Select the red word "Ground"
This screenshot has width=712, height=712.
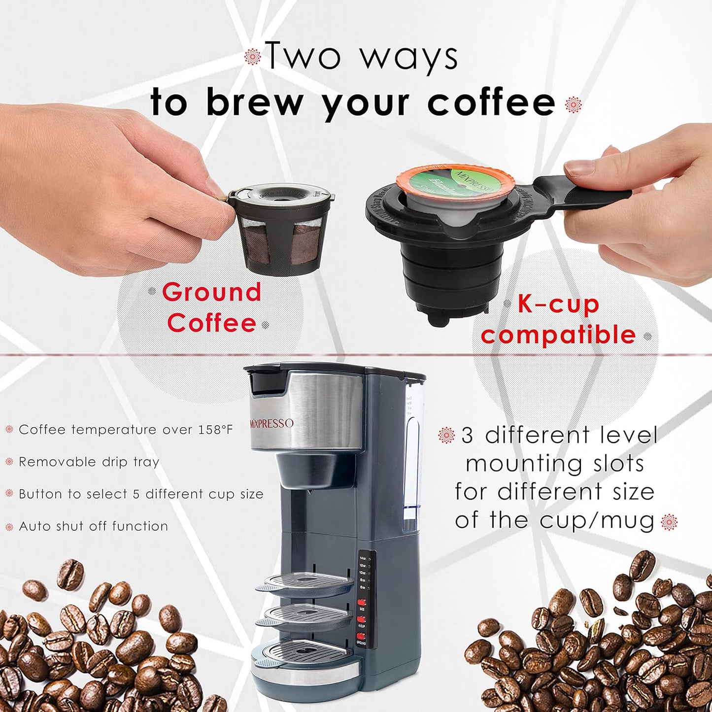click(x=211, y=292)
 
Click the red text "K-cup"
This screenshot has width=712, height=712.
click(x=557, y=305)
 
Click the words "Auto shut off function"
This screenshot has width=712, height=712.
click(x=93, y=526)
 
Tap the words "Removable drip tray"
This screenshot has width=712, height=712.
click(x=89, y=462)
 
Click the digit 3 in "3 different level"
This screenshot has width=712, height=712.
click(x=467, y=436)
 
